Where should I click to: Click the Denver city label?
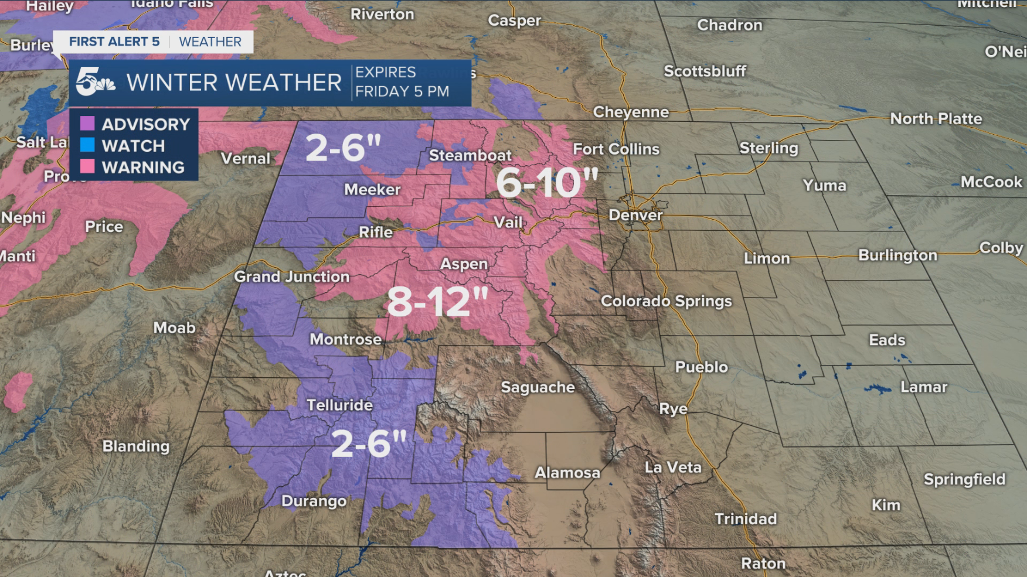[x=635, y=215]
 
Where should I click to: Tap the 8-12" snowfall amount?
[x=437, y=302]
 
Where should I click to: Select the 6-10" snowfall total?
[x=547, y=182]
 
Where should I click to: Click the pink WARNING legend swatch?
[x=87, y=166]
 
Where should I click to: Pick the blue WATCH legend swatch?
[x=87, y=145]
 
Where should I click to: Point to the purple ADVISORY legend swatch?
[x=87, y=123]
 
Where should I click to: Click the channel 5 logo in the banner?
[x=94, y=82]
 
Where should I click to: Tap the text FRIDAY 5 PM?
[x=402, y=91]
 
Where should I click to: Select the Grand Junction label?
[x=291, y=276]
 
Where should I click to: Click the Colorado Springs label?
[x=666, y=301]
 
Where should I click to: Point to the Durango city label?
[x=314, y=501]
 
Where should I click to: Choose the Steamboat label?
[x=470, y=155]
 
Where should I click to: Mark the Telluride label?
[x=339, y=405]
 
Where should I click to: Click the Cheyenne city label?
[x=631, y=112]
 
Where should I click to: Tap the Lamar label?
[x=923, y=387]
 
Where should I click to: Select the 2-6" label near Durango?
[x=369, y=444]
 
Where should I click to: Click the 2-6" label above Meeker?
[x=344, y=148]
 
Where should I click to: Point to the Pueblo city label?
[x=701, y=367]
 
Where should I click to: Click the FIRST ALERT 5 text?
[x=114, y=42]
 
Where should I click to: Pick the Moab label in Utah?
[x=174, y=327]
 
